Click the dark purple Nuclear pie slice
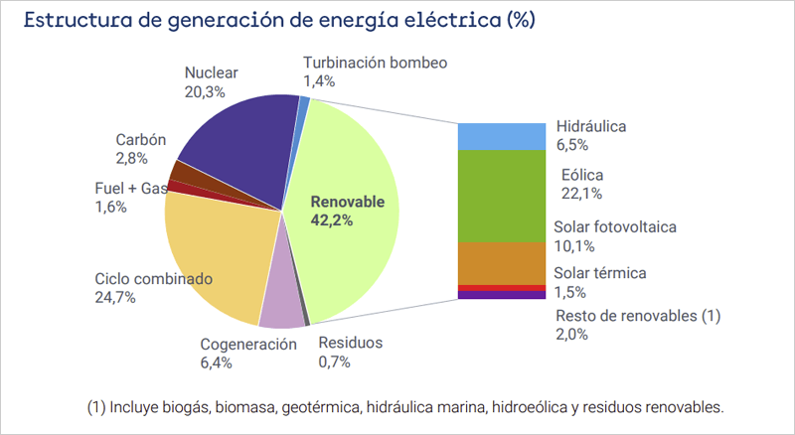click(238, 144)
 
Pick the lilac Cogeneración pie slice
click(281, 303)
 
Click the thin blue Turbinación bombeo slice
click(304, 103)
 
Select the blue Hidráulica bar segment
click(501, 136)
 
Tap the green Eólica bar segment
click(501, 195)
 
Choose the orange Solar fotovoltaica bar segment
click(501, 262)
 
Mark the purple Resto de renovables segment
click(501, 295)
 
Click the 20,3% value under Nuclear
click(205, 91)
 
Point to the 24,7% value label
click(115, 298)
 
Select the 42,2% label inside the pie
click(333, 220)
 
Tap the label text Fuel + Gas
click(125, 189)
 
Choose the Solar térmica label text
click(601, 273)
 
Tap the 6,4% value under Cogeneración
click(216, 362)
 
